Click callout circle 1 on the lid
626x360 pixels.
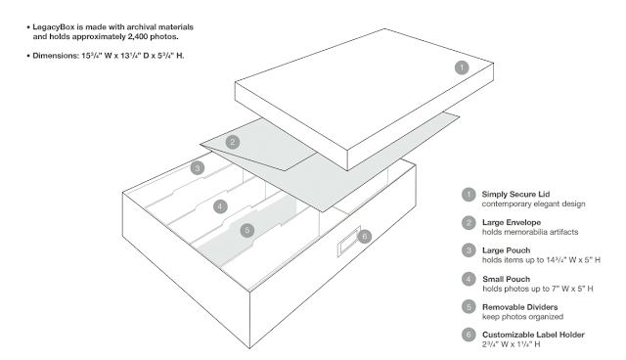[462, 67]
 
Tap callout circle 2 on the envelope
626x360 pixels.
[233, 142]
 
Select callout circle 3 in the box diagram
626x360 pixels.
[198, 168]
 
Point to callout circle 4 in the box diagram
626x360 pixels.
[220, 206]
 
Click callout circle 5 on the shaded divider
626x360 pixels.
[247, 230]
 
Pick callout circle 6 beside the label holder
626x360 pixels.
[364, 237]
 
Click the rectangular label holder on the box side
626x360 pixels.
[349, 241]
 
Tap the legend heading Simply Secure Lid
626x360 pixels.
[515, 195]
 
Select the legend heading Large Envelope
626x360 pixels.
[512, 222]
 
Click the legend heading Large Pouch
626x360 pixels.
[507, 250]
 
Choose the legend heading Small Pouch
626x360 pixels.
[507, 279]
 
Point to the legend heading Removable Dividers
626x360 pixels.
[519, 307]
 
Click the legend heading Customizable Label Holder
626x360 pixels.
[533, 335]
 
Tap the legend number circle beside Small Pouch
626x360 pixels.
[469, 279]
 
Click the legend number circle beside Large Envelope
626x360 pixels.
[469, 223]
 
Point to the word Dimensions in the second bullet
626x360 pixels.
[56, 56]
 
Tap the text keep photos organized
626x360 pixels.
[522, 317]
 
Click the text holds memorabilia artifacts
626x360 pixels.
[530, 232]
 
